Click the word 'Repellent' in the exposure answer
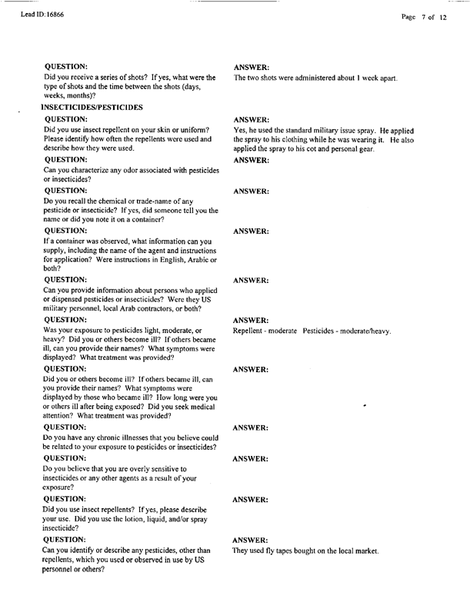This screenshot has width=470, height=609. [250, 331]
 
